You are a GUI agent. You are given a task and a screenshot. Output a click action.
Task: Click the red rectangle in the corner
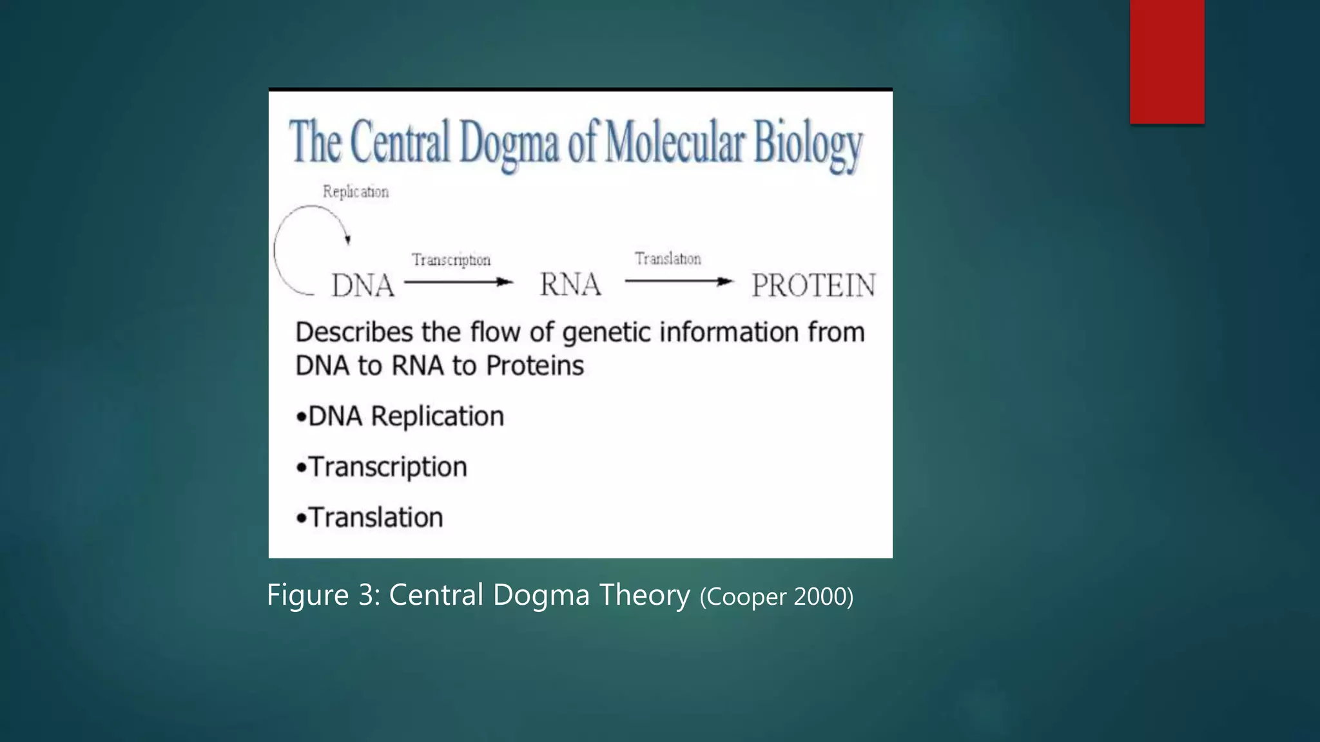tap(1167, 61)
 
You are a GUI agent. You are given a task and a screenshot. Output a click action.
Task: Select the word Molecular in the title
tap(674, 142)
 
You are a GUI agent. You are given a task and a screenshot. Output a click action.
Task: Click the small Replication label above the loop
tap(356, 192)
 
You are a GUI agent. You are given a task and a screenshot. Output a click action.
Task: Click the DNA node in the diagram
tap(363, 285)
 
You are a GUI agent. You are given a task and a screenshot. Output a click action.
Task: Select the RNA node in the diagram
tap(570, 285)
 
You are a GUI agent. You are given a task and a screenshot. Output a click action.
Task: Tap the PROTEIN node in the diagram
tap(813, 285)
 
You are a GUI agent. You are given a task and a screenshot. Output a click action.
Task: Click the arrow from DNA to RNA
tap(458, 282)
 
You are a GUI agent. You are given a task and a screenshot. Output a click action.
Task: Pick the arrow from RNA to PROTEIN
tap(679, 281)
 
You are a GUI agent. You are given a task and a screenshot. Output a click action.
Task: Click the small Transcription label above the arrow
tap(451, 260)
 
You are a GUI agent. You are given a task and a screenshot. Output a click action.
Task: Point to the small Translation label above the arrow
tap(668, 259)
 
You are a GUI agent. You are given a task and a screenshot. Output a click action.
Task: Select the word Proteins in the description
tap(535, 366)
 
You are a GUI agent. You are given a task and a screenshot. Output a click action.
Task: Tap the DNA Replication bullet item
tap(400, 417)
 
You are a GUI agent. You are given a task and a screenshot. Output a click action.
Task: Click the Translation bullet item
tap(370, 518)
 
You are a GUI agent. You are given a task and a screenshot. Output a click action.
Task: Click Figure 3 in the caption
tap(323, 595)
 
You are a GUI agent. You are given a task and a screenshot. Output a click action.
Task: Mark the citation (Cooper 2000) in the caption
tap(776, 597)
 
